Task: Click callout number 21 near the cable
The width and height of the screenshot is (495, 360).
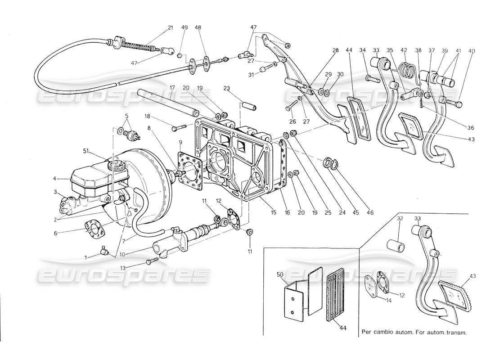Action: coord(170,28)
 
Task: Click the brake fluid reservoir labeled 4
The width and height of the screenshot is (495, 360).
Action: coord(90,180)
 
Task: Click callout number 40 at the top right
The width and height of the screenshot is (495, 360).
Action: coord(472,51)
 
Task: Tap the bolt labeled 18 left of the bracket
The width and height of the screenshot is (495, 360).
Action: coord(179,128)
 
